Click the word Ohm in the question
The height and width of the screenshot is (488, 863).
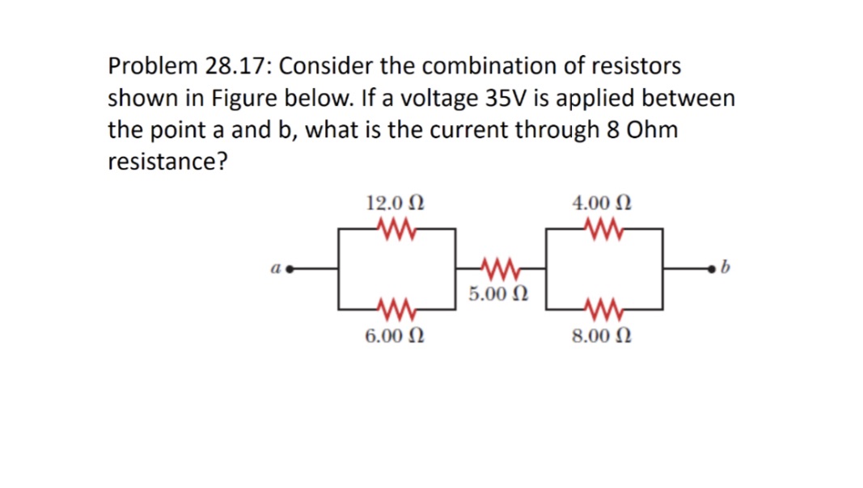(651, 130)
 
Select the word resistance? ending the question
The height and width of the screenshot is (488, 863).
(167, 162)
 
